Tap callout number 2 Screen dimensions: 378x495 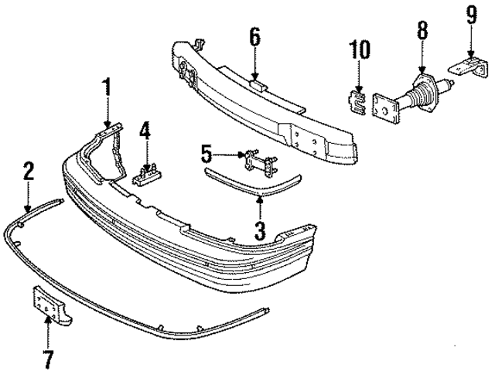point(28,171)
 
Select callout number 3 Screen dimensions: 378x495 point(260,230)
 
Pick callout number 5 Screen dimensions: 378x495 point(206,150)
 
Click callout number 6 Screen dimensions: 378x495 point(255,36)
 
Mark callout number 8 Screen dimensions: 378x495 point(422,32)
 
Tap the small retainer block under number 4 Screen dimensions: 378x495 point(146,177)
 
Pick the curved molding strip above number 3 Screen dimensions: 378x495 point(255,179)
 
